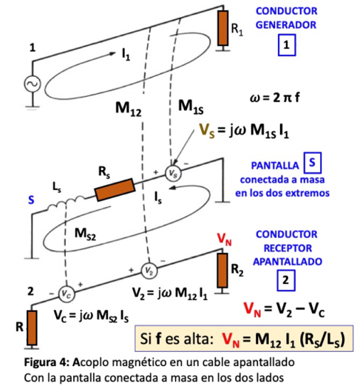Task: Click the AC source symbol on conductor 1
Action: pyautogui.click(x=33, y=84)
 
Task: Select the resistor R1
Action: pyautogui.click(x=223, y=28)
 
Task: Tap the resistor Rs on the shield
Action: pyautogui.click(x=115, y=190)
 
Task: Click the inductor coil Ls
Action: pyautogui.click(x=67, y=203)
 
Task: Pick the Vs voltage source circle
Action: pyautogui.click(x=173, y=173)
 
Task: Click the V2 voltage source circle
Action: pyautogui.click(x=149, y=271)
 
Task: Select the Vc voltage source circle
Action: pyautogui.click(x=67, y=294)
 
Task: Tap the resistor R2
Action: pyautogui.click(x=223, y=271)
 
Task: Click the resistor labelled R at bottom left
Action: pyautogui.click(x=32, y=328)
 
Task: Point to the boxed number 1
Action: pyautogui.click(x=287, y=45)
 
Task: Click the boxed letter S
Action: pyautogui.click(x=313, y=163)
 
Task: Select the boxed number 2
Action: pyautogui.click(x=286, y=280)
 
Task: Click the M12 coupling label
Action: pyautogui.click(x=129, y=109)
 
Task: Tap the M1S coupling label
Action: pyautogui.click(x=191, y=107)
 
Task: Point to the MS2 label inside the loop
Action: pyautogui.click(x=85, y=234)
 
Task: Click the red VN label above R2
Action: pyautogui.click(x=224, y=239)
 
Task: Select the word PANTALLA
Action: pyautogui.click(x=275, y=166)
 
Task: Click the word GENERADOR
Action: pyautogui.click(x=286, y=25)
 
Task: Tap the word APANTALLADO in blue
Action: pyautogui.click(x=288, y=262)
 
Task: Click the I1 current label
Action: pyautogui.click(x=126, y=54)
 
